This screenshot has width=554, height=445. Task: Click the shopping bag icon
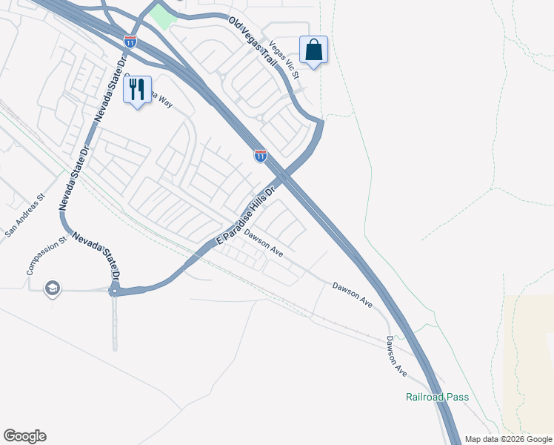coord(313,50)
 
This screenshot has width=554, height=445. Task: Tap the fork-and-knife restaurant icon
coord(137,90)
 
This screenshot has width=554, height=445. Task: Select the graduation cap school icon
coord(52,287)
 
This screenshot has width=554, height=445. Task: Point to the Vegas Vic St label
coord(284,60)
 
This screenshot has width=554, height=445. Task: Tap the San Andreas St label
coord(25,216)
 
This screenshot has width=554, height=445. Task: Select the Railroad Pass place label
coord(437,397)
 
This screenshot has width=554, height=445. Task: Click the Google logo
coord(24,436)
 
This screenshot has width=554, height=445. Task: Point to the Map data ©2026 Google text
coord(508,439)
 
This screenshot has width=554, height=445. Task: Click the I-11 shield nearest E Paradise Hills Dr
coord(261,156)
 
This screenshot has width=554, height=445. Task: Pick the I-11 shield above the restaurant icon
coord(130,42)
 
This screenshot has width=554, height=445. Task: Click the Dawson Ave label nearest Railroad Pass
coord(396,355)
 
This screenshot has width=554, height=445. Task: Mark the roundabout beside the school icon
coord(115,291)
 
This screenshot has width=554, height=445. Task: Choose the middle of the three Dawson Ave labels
coord(350,295)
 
